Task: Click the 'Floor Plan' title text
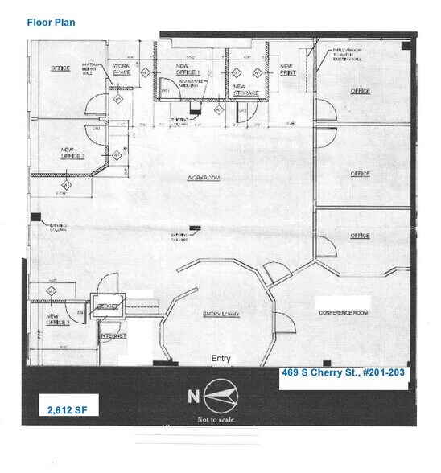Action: point(51,23)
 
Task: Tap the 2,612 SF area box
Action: point(67,410)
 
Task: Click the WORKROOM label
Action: point(204,178)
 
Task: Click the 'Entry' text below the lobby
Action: point(220,358)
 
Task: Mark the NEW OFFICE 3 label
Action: point(57,319)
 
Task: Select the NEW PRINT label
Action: point(287,71)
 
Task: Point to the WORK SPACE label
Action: point(122,70)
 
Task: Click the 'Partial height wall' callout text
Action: point(93,72)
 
